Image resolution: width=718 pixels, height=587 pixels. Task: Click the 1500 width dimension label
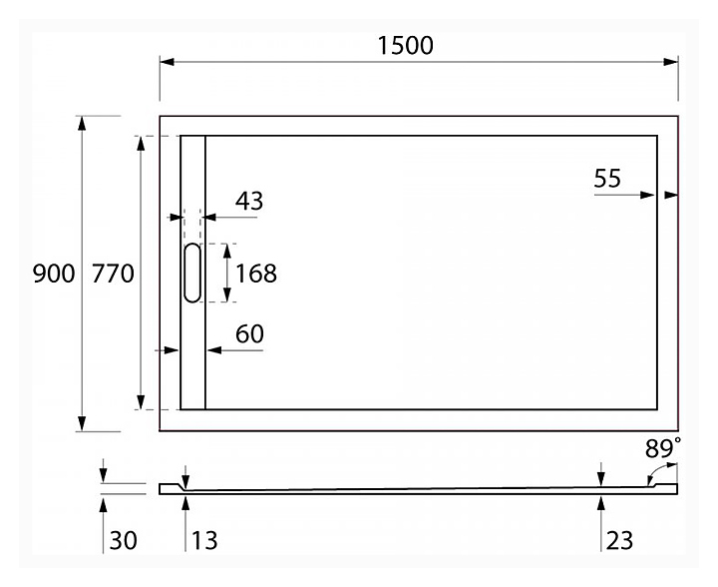(x=406, y=45)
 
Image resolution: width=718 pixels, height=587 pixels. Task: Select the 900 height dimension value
(x=54, y=274)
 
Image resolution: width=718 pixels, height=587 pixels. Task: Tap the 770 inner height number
(x=113, y=274)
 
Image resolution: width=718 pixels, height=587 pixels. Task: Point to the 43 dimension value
(x=249, y=202)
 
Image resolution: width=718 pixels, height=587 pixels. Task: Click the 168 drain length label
(x=256, y=273)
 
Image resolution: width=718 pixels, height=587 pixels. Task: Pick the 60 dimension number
(x=249, y=334)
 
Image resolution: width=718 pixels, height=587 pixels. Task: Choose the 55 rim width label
(x=607, y=179)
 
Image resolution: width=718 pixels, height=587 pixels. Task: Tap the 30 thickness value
(x=123, y=541)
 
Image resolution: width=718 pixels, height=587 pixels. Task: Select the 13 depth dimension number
(x=203, y=541)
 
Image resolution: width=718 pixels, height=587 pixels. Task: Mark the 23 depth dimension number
(x=618, y=541)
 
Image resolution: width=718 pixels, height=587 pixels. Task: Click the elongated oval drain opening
(x=191, y=273)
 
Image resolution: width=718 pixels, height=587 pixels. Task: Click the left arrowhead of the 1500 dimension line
(x=168, y=62)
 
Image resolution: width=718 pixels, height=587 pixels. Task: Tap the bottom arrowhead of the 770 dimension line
(x=140, y=402)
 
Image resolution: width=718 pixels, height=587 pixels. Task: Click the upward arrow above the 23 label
(x=600, y=502)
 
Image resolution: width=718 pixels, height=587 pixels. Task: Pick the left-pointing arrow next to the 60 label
(x=212, y=349)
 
